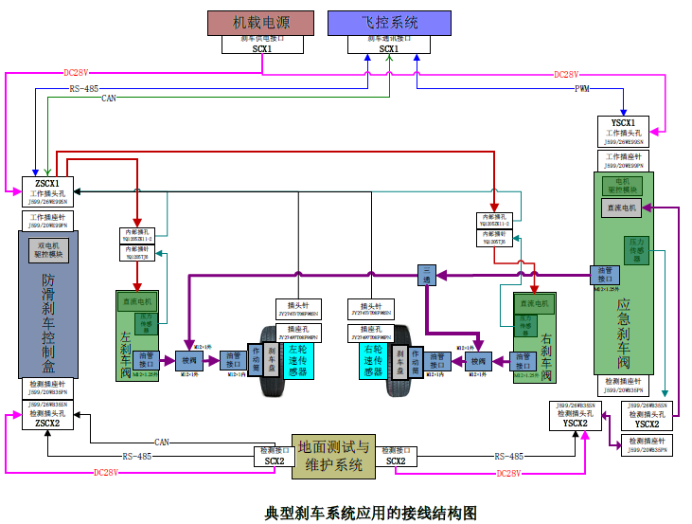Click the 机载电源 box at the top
(260, 23)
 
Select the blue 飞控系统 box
(389, 23)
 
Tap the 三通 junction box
(427, 275)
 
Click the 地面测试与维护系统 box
(333, 456)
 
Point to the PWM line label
(582, 88)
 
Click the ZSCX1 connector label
(47, 184)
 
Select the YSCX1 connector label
(623, 122)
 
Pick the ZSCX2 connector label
(47, 424)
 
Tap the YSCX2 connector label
(575, 424)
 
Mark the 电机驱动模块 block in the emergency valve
(622, 185)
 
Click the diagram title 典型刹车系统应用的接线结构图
(370, 513)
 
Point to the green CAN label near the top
(109, 98)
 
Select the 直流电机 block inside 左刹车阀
(136, 302)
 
